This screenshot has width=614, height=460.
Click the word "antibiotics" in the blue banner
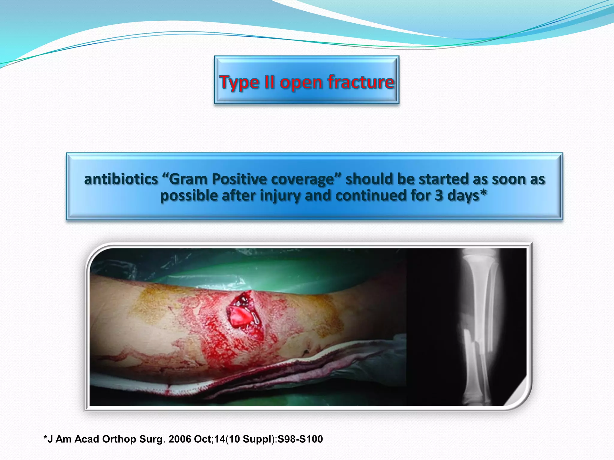click(121, 179)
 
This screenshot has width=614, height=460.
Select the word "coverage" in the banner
click(306, 179)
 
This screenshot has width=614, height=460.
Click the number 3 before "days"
click(439, 196)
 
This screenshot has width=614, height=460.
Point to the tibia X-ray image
click(480, 326)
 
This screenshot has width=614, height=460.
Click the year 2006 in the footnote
click(180, 439)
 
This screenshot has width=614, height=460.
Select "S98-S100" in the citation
click(300, 439)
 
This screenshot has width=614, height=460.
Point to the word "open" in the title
click(301, 83)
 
